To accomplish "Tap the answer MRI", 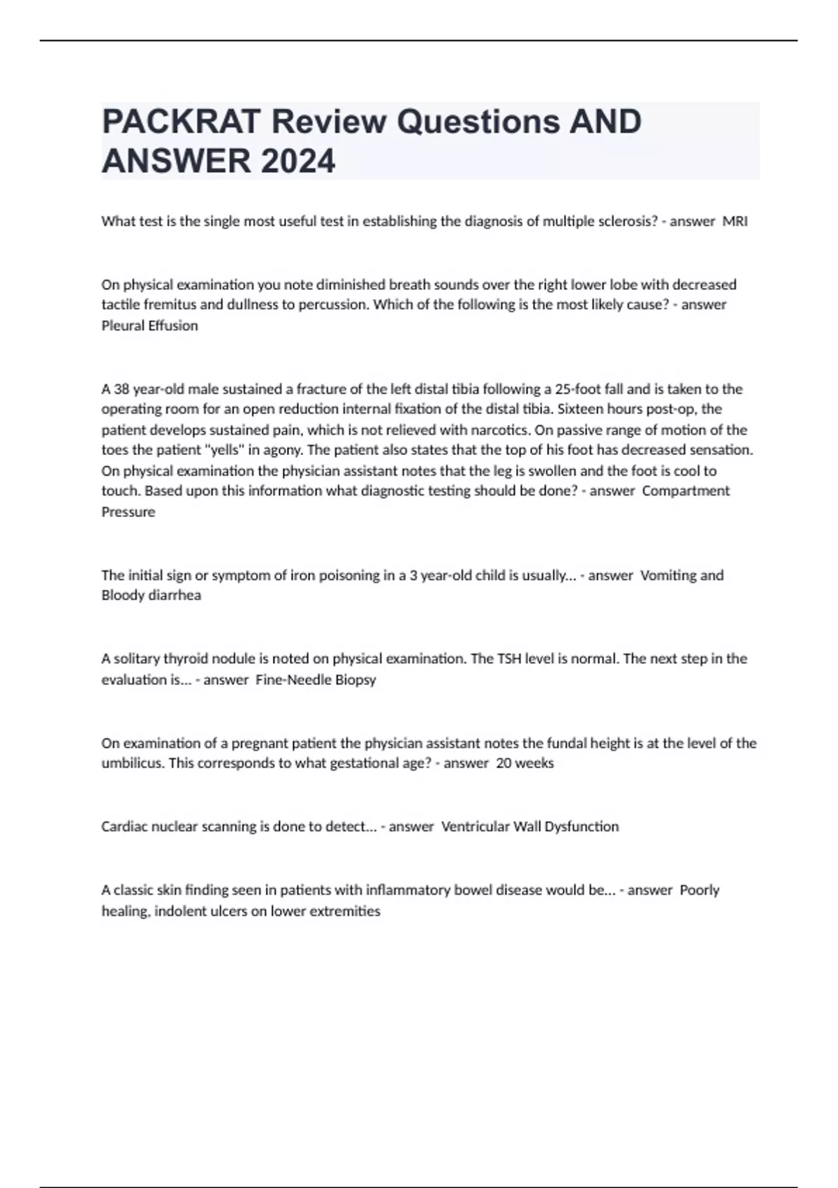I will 735,222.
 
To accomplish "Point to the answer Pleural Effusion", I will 149,326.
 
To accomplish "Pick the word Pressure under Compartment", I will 128,512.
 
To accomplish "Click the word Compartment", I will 686,491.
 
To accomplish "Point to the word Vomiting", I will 668,576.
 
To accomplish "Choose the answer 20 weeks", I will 524,763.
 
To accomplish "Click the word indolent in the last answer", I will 184,911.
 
